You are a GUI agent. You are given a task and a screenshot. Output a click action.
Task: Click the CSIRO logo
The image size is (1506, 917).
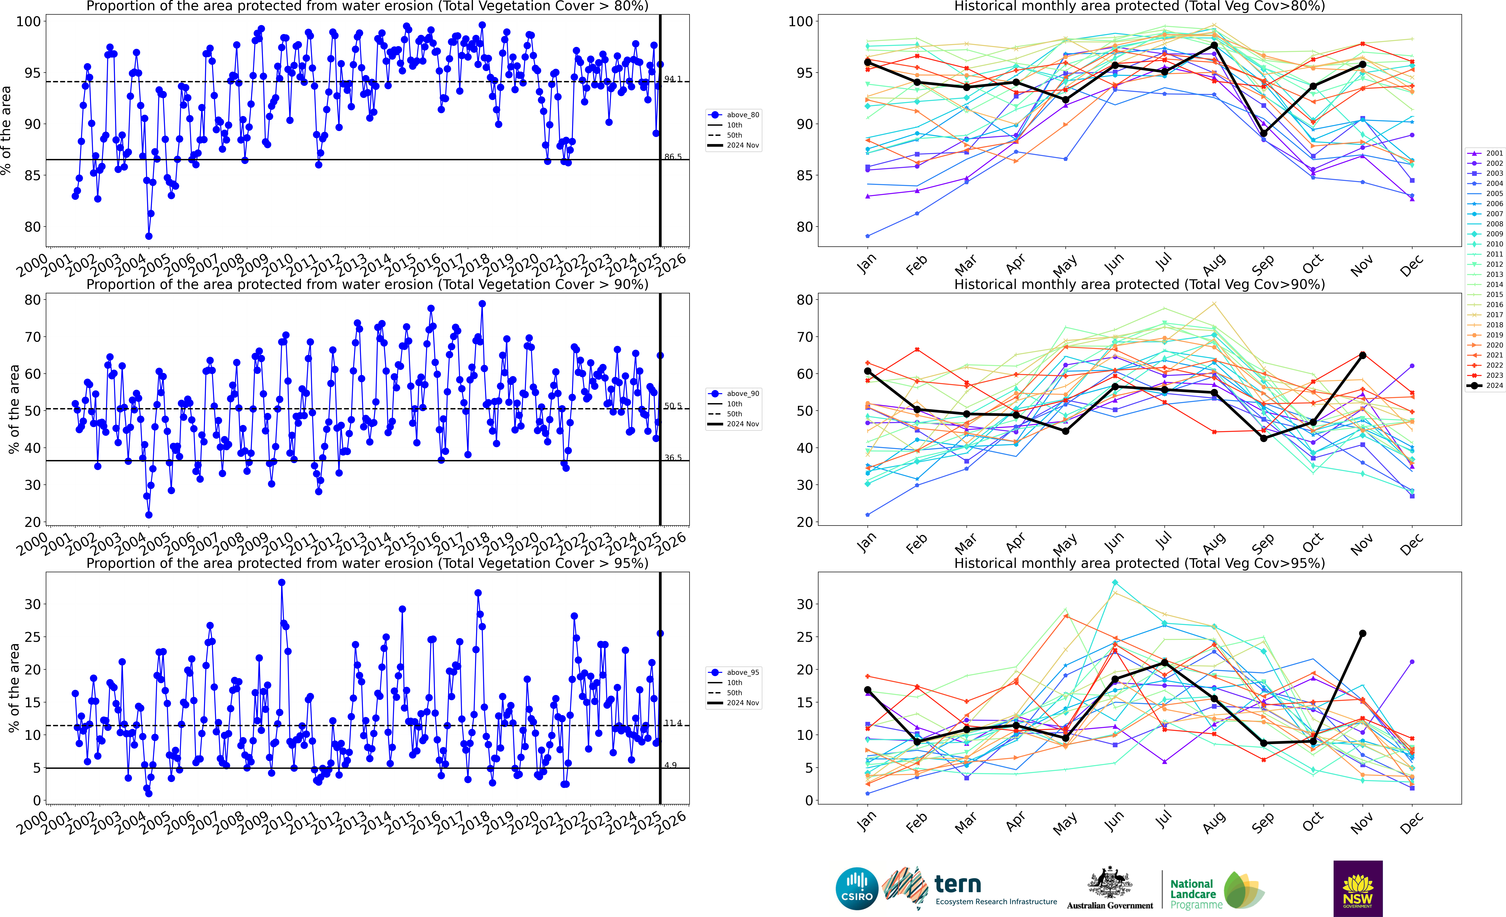click(857, 888)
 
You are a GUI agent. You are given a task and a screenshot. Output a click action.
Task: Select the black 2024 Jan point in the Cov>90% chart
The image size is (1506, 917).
click(868, 371)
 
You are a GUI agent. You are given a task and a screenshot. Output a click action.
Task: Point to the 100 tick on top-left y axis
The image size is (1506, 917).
click(28, 21)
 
